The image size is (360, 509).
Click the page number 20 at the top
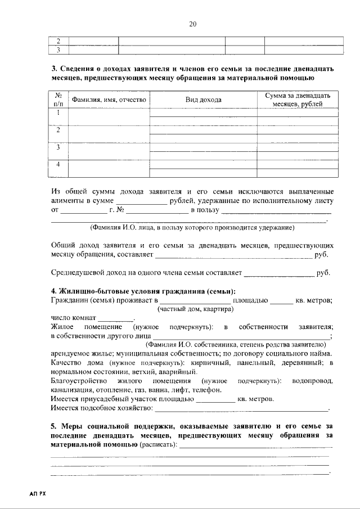[x=192, y=24]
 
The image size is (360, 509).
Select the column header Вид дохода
[x=203, y=100]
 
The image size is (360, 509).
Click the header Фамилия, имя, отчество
[x=109, y=100]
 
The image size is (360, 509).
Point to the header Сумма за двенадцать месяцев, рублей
[x=298, y=100]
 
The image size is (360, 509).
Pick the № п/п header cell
[x=58, y=100]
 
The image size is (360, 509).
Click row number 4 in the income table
[x=58, y=164]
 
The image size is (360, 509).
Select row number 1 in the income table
[x=58, y=113]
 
